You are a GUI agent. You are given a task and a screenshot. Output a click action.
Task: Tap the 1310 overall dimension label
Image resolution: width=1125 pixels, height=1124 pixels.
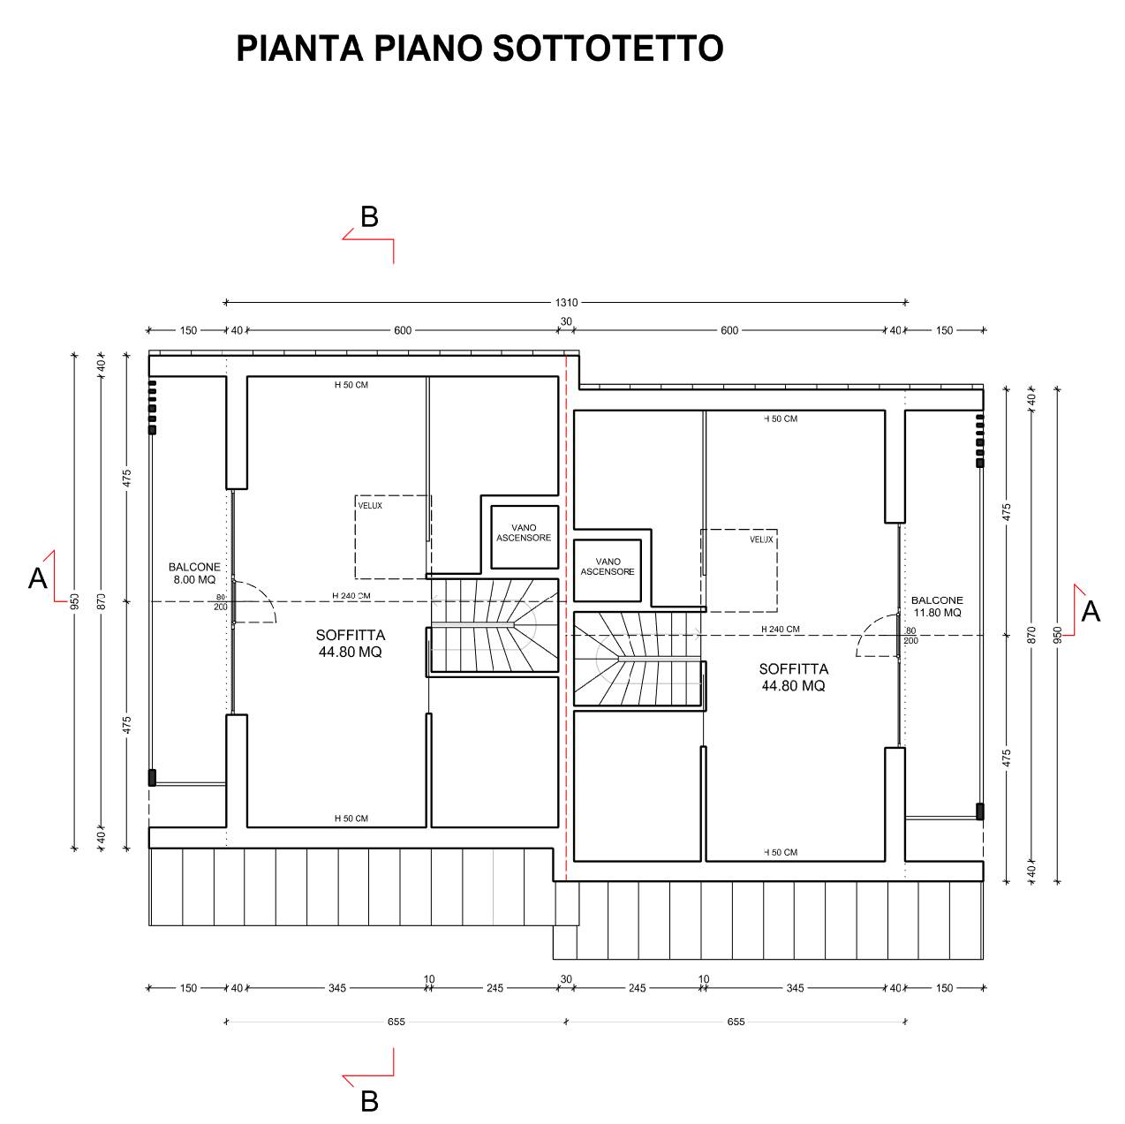click(566, 303)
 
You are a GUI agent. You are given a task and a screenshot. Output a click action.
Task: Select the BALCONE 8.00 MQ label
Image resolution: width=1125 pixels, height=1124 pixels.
click(194, 573)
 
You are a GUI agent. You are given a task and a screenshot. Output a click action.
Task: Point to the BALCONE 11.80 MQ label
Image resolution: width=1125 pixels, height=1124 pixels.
click(936, 606)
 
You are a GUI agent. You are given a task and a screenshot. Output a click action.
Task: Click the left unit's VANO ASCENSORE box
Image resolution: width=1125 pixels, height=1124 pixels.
click(525, 537)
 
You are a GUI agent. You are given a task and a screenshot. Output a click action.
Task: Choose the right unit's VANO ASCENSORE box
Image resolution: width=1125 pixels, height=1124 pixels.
click(608, 570)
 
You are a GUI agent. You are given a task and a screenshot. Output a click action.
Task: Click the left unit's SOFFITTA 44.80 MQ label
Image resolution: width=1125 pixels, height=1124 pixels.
click(351, 644)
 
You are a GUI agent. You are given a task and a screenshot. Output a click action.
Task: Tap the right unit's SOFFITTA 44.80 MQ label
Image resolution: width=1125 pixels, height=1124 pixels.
click(793, 677)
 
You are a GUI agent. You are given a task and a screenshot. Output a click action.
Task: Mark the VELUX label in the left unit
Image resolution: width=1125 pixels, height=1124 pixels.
click(370, 506)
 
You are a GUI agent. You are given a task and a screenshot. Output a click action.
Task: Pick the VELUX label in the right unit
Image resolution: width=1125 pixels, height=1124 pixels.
click(761, 539)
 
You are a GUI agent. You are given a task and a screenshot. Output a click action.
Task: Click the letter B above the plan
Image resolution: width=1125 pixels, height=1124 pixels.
click(369, 216)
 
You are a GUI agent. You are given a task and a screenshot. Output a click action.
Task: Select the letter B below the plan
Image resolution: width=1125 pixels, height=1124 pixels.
click(369, 1101)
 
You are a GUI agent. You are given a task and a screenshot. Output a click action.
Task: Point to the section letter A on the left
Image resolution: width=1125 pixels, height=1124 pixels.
click(38, 578)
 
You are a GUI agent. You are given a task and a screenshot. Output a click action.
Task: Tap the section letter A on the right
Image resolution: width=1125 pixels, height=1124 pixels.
click(1091, 611)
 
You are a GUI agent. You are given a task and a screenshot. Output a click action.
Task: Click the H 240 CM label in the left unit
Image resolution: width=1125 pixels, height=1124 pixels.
click(351, 596)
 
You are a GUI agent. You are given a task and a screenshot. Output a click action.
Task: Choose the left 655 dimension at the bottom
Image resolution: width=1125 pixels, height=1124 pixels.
click(396, 1022)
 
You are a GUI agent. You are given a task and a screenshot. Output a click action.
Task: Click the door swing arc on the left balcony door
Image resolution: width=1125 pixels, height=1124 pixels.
click(266, 592)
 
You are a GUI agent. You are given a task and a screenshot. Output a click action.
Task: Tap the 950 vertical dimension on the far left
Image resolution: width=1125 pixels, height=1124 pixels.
click(74, 600)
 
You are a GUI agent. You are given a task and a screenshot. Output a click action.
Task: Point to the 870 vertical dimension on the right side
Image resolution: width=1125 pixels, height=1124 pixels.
click(1031, 635)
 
